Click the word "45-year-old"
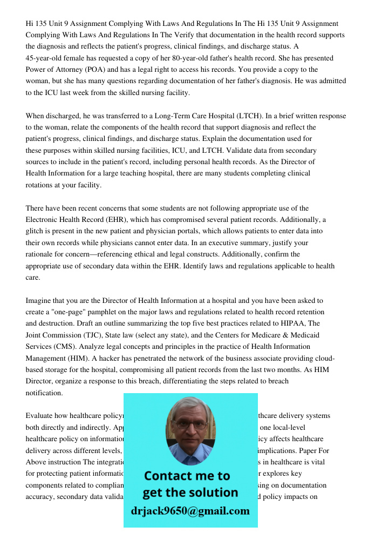(45, 58)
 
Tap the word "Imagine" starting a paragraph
(39, 301)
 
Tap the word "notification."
(44, 393)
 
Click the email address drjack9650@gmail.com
(190, 511)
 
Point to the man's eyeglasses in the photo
(190, 425)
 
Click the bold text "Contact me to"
(187, 476)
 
